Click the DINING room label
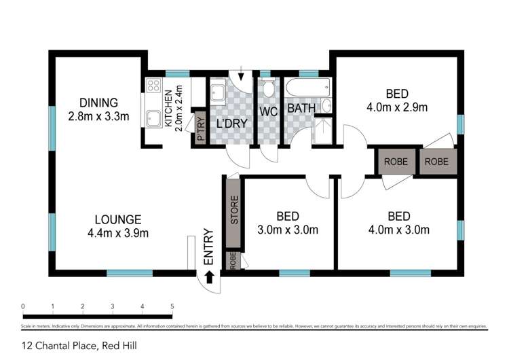[98, 103]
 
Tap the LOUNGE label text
[118, 219]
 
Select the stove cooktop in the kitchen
[153, 86]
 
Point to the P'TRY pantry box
[201, 128]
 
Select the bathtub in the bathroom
[308, 88]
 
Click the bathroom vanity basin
[326, 105]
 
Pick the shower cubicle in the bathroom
[323, 131]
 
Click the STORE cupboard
[234, 211]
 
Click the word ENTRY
[210, 248]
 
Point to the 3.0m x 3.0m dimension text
[288, 230]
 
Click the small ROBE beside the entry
[233, 262]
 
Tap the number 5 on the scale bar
[172, 306]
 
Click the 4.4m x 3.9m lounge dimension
[118, 233]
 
